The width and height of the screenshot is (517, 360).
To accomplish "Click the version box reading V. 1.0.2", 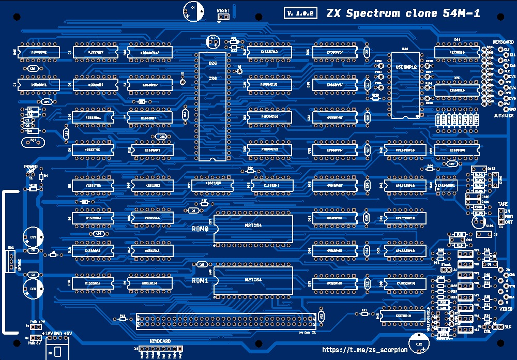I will [x=300, y=13].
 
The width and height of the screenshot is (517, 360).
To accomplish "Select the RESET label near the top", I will [x=223, y=11].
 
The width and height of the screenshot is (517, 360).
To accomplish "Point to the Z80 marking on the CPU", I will [x=212, y=78].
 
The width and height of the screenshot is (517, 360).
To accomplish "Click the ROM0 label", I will [x=200, y=228].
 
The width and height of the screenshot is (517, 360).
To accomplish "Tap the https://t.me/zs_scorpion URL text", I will [x=364, y=350].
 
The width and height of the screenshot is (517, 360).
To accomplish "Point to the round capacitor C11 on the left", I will [x=33, y=236].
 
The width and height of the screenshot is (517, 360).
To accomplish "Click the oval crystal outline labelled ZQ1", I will [x=33, y=141].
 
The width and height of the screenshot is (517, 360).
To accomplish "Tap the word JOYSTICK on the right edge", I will [x=503, y=116].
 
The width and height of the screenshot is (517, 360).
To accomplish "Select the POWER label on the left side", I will [x=31, y=167].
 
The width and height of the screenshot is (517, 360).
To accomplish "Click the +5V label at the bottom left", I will [x=68, y=333].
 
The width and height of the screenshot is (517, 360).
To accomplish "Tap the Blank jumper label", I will [x=446, y=264].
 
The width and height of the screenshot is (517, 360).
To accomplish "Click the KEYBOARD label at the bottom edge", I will [x=160, y=342].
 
